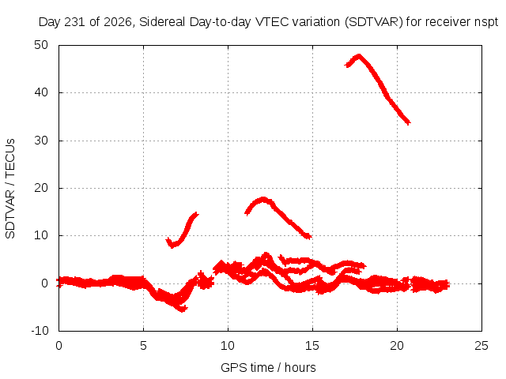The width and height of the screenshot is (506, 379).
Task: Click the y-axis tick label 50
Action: (41, 45)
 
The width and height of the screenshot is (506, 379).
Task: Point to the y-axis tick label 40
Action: (41, 92)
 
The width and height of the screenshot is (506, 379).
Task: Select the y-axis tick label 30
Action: (41, 141)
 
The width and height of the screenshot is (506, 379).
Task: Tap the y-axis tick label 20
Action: (41, 188)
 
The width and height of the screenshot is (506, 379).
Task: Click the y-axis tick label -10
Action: (40, 331)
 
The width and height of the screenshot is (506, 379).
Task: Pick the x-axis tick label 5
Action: (143, 346)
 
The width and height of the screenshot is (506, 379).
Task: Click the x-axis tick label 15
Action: (312, 346)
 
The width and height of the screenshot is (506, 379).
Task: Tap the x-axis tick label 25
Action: (481, 346)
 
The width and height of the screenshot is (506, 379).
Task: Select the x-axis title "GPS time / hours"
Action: (268, 367)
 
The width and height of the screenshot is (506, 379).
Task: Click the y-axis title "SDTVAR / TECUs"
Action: (10, 189)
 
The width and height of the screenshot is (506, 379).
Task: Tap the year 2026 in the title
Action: (118, 22)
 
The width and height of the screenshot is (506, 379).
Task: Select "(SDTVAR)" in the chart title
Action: (374, 22)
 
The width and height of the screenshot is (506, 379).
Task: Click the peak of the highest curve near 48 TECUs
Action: (358, 56)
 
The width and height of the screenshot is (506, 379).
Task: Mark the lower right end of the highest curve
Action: (410, 123)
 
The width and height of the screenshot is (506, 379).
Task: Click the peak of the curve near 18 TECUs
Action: (263, 199)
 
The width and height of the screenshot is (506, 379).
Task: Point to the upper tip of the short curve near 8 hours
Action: (197, 214)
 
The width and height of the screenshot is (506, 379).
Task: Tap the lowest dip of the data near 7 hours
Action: (183, 310)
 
